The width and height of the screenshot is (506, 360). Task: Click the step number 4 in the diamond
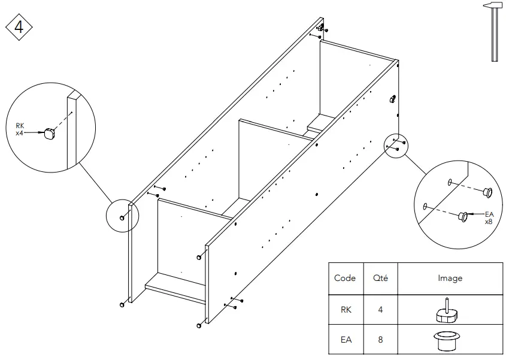click(19, 28)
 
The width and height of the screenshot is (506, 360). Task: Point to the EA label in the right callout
click(489, 214)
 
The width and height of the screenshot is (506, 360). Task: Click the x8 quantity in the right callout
click(489, 221)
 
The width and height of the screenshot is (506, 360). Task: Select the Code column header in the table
click(345, 278)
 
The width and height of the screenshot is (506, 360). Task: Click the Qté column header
click(380, 278)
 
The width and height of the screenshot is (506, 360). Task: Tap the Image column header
click(449, 278)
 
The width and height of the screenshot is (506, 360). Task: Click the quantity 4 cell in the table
click(380, 310)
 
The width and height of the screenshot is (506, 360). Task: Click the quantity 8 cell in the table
click(380, 340)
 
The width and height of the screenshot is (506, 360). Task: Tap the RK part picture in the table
click(446, 310)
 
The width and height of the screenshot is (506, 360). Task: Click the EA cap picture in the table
click(446, 340)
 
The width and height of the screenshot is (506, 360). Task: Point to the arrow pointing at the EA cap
click(477, 214)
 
